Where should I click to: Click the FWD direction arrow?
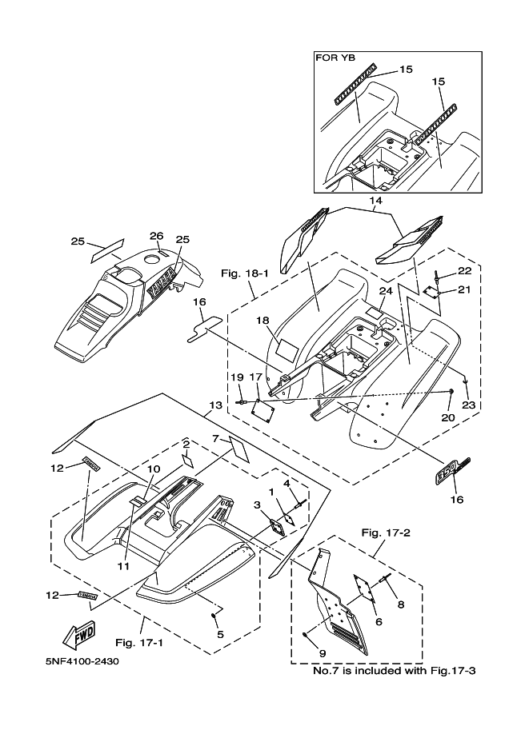pyautogui.click(x=78, y=634)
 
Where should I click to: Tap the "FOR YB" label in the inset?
pyautogui.click(x=335, y=58)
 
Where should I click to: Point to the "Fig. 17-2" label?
pyautogui.click(x=386, y=533)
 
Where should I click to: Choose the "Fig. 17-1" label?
pyautogui.click(x=139, y=643)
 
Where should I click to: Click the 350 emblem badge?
pyautogui.click(x=452, y=471)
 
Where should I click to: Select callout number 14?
pyautogui.click(x=375, y=201)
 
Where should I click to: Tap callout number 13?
pyautogui.click(x=215, y=405)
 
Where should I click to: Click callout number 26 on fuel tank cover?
pyautogui.click(x=157, y=236)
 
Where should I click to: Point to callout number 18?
pyautogui.click(x=262, y=321)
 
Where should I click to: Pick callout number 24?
pyautogui.click(x=385, y=291)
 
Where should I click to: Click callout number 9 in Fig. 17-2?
pyautogui.click(x=323, y=653)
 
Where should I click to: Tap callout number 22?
pyautogui.click(x=465, y=270)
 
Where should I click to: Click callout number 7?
pyautogui.click(x=214, y=438)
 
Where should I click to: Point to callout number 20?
pyautogui.click(x=448, y=417)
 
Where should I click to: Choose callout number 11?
pyautogui.click(x=123, y=566)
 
